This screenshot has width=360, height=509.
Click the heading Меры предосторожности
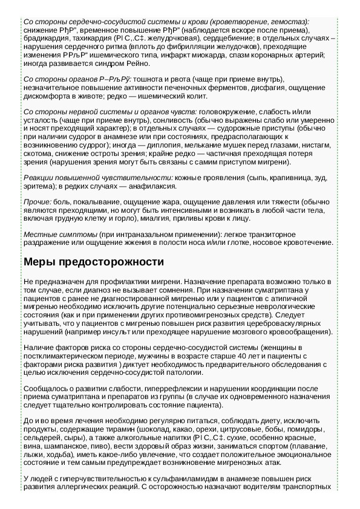(x=93, y=262)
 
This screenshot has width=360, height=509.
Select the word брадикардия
(x=44, y=38)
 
